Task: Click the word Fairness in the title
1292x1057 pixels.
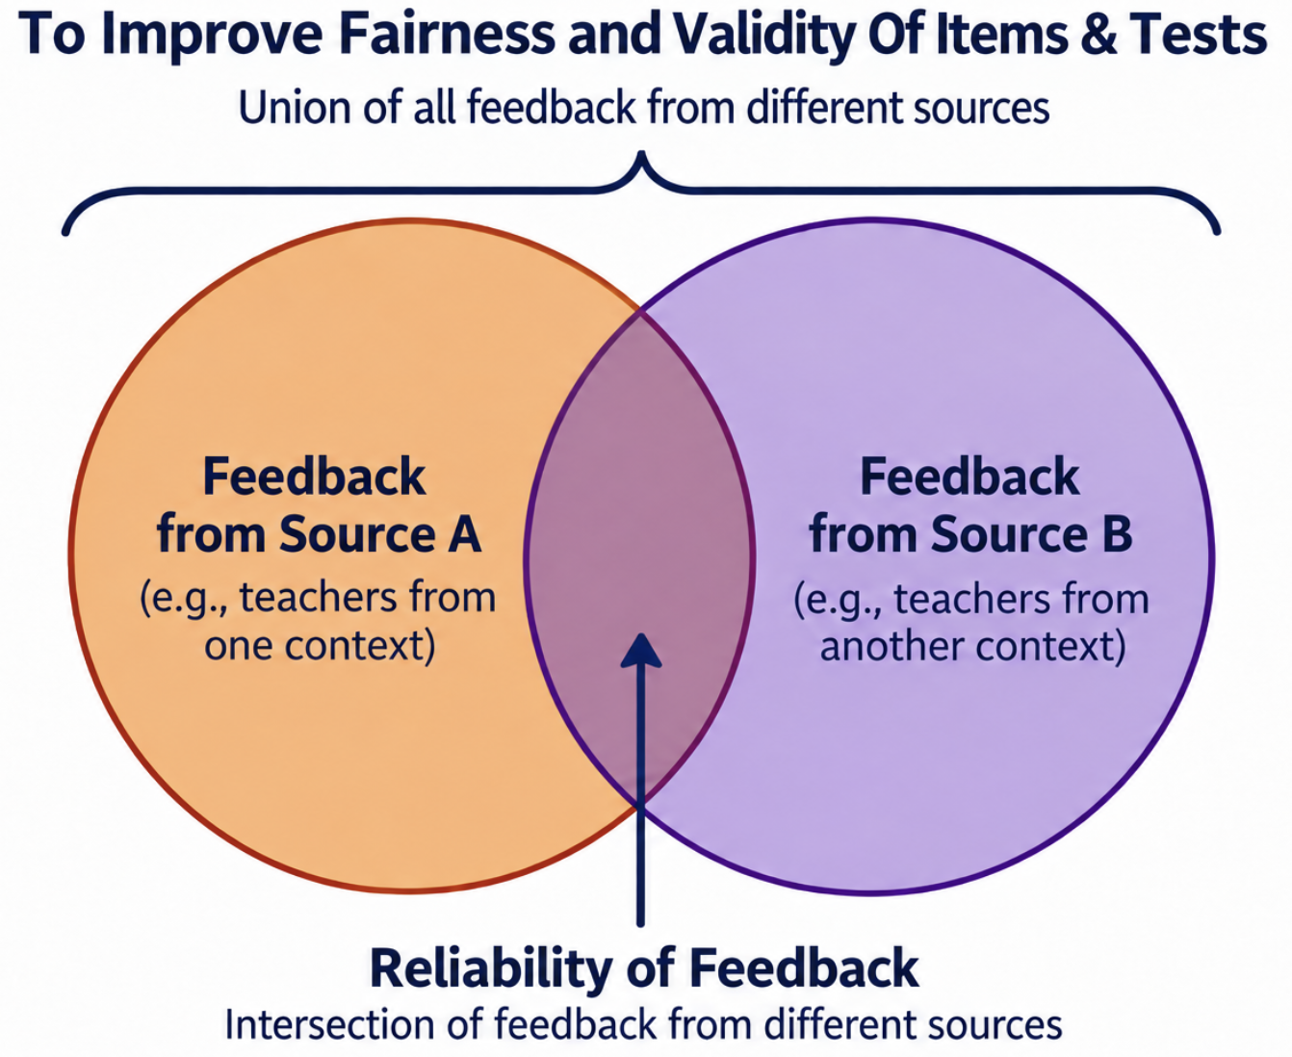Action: click(448, 35)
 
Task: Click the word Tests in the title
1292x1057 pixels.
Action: click(1199, 36)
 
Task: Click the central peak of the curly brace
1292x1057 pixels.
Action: click(641, 153)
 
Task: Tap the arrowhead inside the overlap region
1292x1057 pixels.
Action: click(641, 650)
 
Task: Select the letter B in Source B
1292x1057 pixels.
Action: click(1116, 534)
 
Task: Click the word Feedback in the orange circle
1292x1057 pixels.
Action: click(314, 477)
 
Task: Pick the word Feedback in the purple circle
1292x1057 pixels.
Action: click(969, 477)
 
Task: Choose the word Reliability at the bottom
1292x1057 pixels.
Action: click(491, 968)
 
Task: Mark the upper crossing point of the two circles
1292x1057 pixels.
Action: click(641, 314)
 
